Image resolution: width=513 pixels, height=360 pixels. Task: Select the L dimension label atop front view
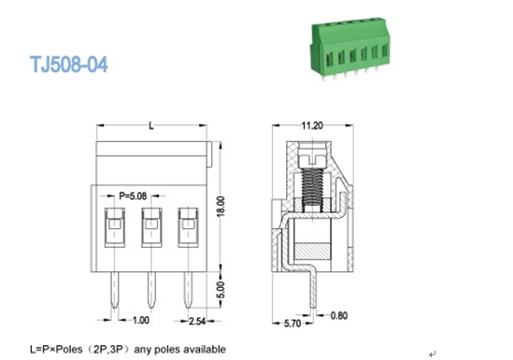(150, 125)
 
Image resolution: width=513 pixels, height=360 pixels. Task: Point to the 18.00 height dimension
(221, 207)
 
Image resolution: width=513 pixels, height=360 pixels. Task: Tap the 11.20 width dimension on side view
(312, 124)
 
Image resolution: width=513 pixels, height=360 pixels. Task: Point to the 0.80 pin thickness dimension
(340, 314)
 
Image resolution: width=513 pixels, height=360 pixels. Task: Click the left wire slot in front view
(112, 226)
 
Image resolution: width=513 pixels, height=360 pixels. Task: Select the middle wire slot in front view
(150, 226)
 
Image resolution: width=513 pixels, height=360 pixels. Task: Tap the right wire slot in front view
(187, 226)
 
